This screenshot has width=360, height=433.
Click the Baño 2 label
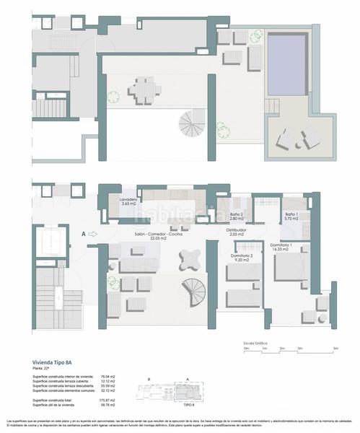[238, 215]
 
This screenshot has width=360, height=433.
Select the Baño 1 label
[291, 215]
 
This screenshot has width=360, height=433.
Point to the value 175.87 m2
[107, 399]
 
